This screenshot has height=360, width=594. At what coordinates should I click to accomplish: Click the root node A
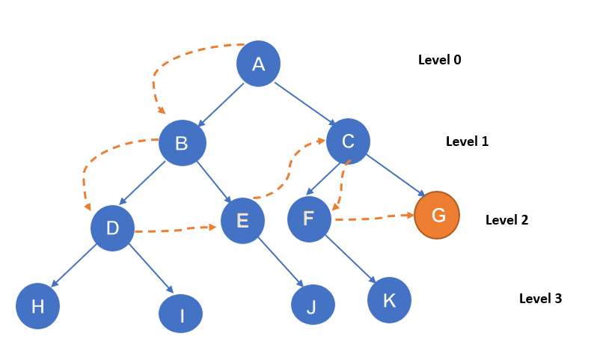coord(258,64)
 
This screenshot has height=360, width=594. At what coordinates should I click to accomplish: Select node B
coord(182,143)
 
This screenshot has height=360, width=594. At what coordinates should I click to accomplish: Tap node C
coord(348,141)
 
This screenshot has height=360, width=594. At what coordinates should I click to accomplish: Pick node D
coord(112,228)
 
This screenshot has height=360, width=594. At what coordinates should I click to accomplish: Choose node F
coord(309,219)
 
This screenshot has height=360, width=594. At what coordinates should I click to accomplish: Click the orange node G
coord(438,216)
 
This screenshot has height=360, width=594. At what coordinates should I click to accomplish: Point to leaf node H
coord(37,306)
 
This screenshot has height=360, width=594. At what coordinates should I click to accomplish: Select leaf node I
coord(181,314)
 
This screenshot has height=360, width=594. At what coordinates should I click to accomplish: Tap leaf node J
coord(313,305)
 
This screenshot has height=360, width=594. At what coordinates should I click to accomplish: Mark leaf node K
coord(389,300)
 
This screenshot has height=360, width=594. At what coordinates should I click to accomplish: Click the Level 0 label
coord(439,60)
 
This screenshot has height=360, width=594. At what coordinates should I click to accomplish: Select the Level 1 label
coord(467,141)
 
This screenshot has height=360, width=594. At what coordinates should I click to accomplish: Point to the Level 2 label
coord(506,220)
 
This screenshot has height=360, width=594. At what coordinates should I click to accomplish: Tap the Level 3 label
coord(540,299)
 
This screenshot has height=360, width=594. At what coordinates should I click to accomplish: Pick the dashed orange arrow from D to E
coord(177,230)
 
